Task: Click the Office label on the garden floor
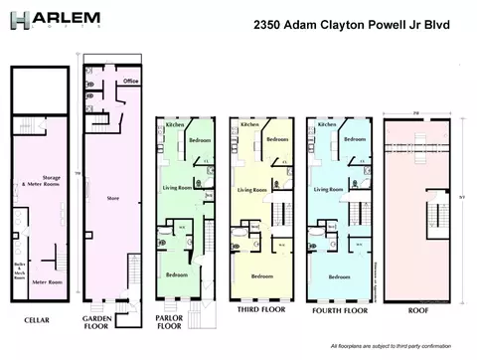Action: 130,81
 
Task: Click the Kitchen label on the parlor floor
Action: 174,126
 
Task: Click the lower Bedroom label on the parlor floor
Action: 178,273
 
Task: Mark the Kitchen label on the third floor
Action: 250,126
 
